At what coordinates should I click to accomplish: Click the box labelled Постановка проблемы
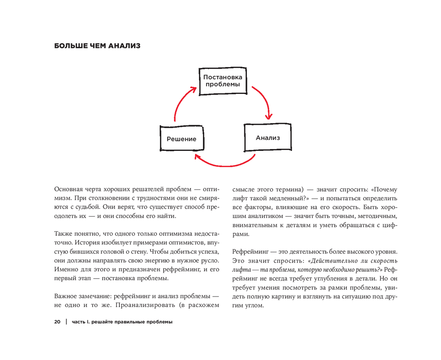(223, 81)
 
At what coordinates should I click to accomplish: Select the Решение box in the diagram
(181, 139)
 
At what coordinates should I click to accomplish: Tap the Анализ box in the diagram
(267, 138)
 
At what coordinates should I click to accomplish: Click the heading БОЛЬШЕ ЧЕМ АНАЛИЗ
(97, 46)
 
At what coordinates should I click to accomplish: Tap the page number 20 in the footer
(57, 322)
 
